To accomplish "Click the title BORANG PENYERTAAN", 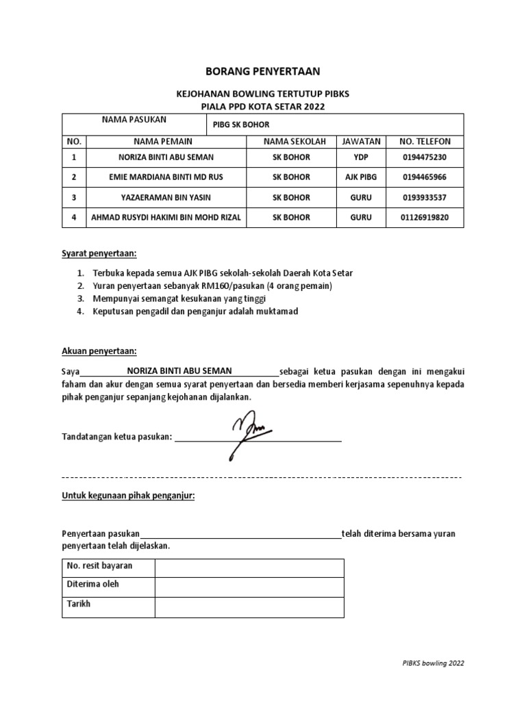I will click(263, 71).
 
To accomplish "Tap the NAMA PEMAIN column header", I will click(163, 142).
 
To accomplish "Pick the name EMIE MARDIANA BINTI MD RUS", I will click(166, 177).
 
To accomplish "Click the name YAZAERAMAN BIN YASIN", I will click(166, 197).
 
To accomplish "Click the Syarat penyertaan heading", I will click(99, 253).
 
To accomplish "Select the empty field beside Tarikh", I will click(249, 607).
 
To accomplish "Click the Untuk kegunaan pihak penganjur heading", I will click(128, 495).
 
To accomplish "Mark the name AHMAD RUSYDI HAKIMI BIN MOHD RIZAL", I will click(166, 217).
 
